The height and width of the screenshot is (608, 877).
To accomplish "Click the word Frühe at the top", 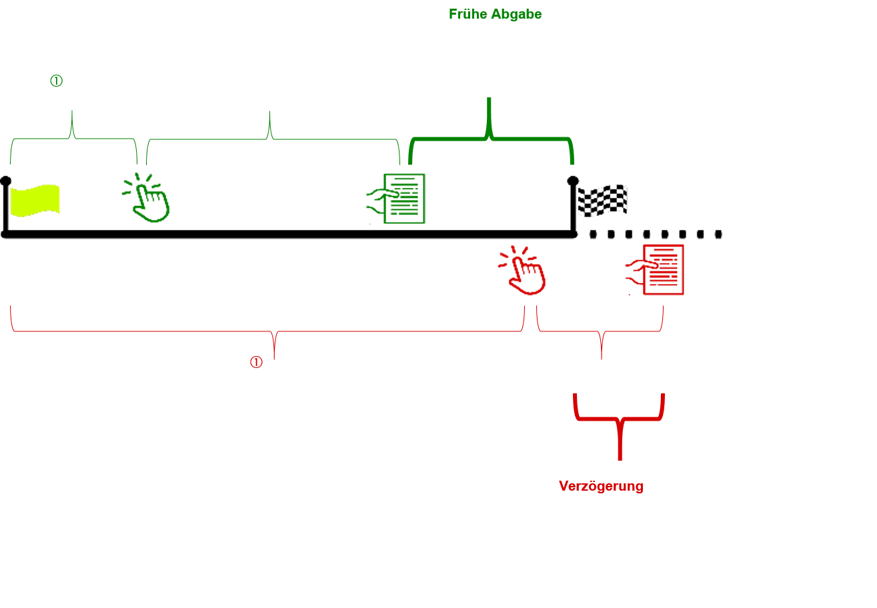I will click(469, 14).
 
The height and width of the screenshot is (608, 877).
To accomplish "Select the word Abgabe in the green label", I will click(517, 14).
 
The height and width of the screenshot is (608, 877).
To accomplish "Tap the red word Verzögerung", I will click(601, 486).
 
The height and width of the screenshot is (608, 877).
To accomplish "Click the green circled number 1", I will click(56, 81).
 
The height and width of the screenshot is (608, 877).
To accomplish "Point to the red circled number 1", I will click(256, 362).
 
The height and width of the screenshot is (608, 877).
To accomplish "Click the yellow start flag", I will click(35, 200).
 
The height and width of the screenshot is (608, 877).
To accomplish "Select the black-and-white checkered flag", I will click(602, 200).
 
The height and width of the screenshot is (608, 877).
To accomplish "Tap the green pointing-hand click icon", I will click(151, 200).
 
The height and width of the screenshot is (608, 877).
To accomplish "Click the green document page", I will click(405, 199).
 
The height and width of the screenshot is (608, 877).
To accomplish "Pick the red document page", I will click(664, 270).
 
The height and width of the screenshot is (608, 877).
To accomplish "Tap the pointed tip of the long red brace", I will click(274, 357).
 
